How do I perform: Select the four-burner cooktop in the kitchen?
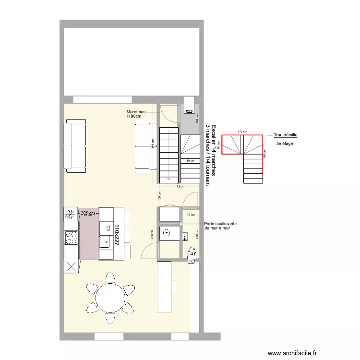point(71,237)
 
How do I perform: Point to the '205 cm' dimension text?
point(88,213)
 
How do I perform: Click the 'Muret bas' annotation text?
point(136,111)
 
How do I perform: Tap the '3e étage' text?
point(284,144)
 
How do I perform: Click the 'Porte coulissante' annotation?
point(220,224)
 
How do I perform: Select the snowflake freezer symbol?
point(71,213)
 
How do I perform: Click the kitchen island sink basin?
point(104,242)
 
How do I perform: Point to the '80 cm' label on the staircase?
point(190,161)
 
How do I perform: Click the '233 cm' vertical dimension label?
point(152,234)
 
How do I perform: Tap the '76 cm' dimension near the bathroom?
point(191,215)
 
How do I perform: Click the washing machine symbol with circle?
point(167,234)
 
